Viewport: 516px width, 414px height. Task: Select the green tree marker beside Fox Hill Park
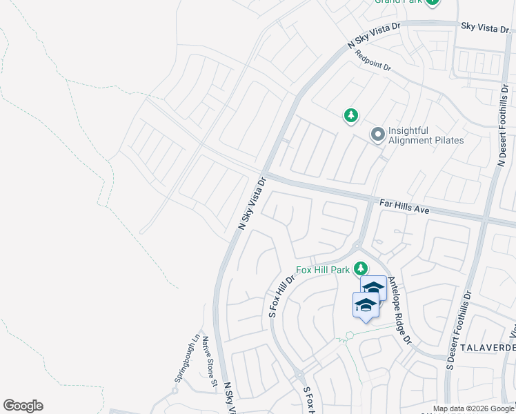(x=360, y=268)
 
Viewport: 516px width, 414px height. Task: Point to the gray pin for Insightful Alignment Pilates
(x=377, y=135)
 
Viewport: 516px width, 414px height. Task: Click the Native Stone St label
(x=210, y=360)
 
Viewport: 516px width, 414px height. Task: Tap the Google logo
(x=23, y=406)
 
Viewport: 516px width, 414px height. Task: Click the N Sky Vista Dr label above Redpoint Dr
(x=374, y=36)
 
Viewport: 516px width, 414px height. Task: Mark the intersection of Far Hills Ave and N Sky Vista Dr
(x=263, y=173)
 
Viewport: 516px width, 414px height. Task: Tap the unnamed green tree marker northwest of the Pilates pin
(x=351, y=115)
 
